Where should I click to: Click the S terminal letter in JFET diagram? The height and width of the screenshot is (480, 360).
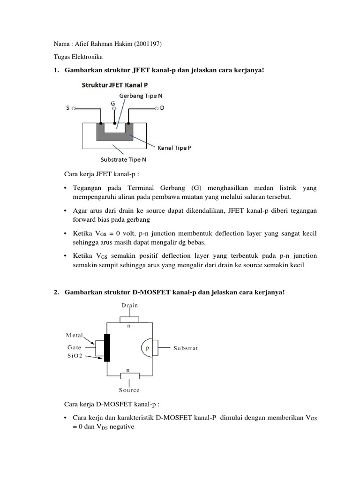[68, 108]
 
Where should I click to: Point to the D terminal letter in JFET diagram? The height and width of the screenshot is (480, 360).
[162, 108]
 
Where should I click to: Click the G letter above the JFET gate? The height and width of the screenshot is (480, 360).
[112, 103]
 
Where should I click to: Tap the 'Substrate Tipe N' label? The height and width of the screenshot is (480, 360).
[123, 159]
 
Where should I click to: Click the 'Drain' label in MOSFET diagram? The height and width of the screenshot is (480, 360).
[130, 305]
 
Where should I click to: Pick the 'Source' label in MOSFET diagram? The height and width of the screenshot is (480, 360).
[129, 390]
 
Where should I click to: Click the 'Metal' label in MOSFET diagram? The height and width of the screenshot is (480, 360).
[74, 335]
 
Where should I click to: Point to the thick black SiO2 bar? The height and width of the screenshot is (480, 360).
[107, 348]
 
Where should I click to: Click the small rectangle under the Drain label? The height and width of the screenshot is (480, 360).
[130, 320]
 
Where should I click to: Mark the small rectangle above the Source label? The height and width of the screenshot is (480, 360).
[130, 375]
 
